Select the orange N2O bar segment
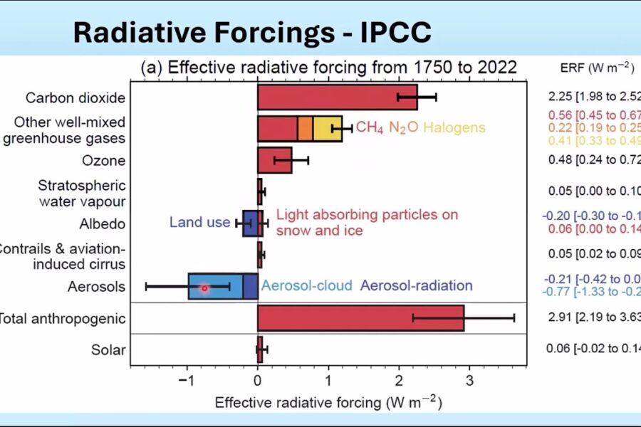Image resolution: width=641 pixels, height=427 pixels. point(305,129)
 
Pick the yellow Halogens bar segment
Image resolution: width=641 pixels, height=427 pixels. point(327,129)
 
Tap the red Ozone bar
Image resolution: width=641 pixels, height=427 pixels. point(274,160)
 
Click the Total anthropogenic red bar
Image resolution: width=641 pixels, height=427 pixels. point(360,318)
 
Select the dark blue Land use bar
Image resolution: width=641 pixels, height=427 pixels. point(250,223)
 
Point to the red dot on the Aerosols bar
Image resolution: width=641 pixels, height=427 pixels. point(204,288)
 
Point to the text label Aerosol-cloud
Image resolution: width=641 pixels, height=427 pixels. point(307,286)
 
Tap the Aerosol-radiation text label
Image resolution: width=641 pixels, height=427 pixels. point(417,286)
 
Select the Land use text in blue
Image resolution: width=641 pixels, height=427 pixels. point(199,223)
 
